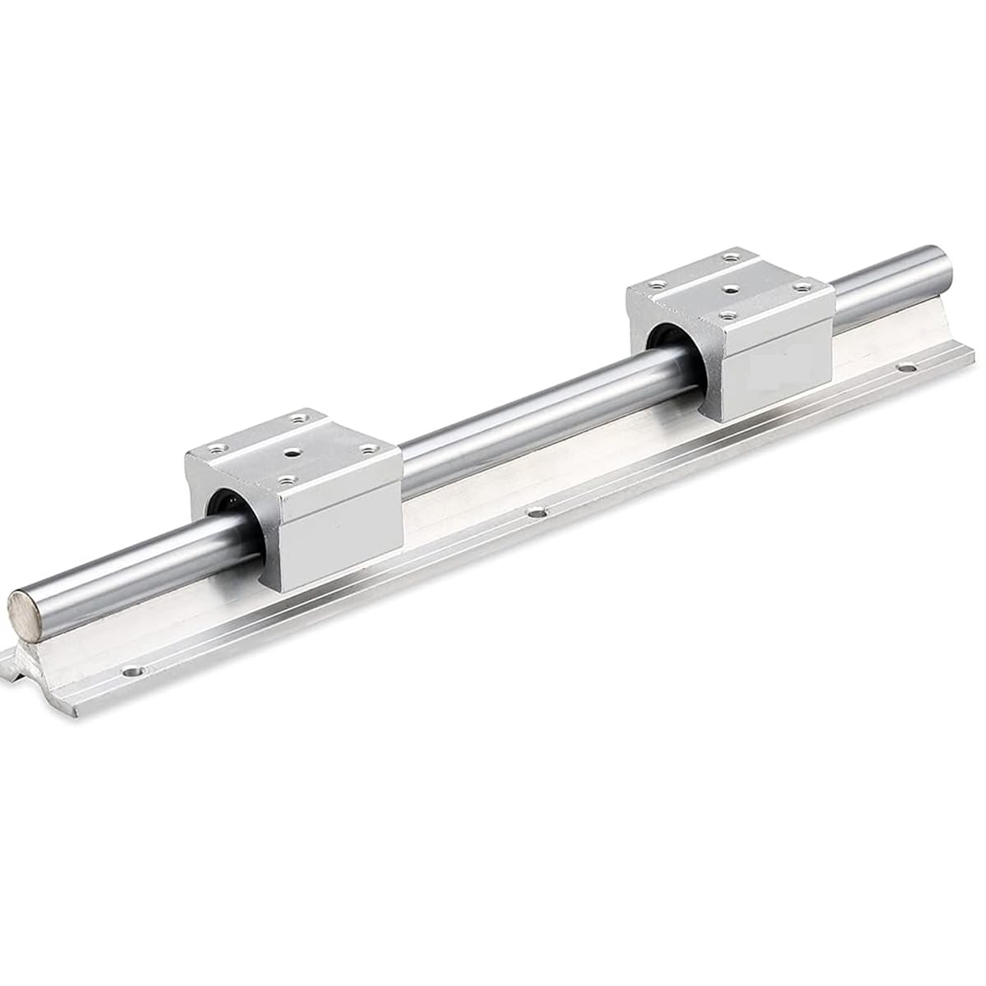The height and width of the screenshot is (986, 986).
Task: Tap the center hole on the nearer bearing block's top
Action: pos(293,453)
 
